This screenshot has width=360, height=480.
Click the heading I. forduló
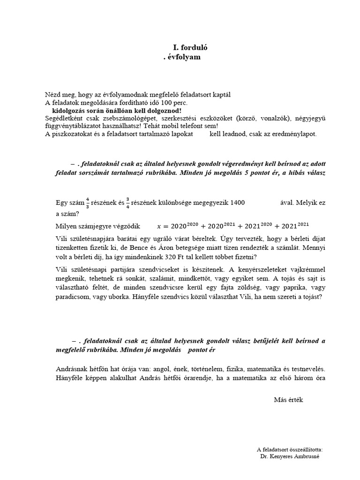coord(190,47)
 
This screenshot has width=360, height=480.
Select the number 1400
coord(235,203)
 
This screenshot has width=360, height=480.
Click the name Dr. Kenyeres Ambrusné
coord(289,456)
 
